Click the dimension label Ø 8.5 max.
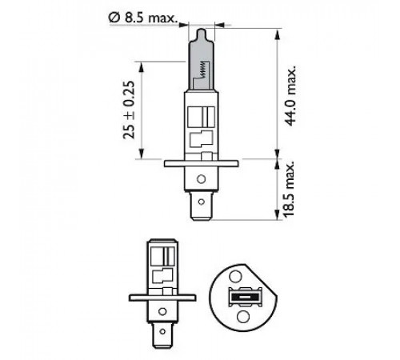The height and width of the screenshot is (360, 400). point(143,18)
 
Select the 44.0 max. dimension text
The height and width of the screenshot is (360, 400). point(290,94)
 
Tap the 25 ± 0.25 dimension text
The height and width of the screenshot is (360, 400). point(129,110)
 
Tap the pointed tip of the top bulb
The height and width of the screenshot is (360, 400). point(202,30)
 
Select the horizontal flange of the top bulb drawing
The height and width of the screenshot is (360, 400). point(201,163)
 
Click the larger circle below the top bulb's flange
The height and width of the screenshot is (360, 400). point(202,179)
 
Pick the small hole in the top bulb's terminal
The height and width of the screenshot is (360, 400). point(202,202)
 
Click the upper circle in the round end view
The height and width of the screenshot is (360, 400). point(235,276)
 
